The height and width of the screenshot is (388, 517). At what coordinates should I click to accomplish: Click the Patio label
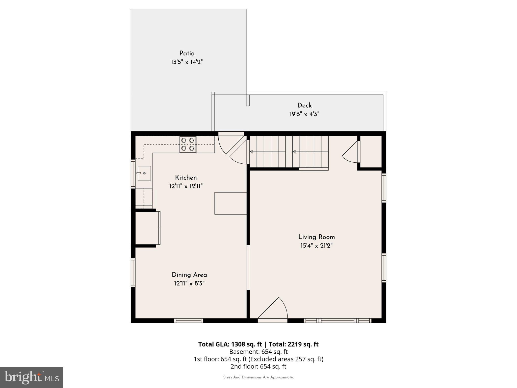(x=187, y=54)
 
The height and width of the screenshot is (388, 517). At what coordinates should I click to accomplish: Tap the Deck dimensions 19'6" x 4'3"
(x=304, y=114)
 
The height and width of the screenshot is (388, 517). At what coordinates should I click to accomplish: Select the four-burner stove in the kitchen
(x=188, y=144)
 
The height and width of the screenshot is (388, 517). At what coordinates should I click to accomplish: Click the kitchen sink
(x=144, y=173)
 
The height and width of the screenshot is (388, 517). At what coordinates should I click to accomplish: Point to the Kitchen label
(x=186, y=178)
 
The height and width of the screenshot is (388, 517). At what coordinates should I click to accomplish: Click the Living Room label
(x=316, y=237)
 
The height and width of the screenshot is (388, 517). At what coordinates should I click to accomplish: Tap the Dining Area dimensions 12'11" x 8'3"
(x=189, y=283)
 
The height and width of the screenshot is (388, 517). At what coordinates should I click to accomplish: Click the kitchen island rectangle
(x=230, y=203)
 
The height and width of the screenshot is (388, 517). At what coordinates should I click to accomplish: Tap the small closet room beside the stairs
(x=371, y=152)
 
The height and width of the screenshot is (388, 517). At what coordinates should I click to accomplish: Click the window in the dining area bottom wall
(x=189, y=321)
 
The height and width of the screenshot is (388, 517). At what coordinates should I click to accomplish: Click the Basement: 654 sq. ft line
(x=258, y=352)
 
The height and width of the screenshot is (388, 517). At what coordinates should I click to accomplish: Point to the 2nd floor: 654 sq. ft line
(x=258, y=366)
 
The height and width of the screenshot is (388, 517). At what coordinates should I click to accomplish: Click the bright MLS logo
(x=32, y=378)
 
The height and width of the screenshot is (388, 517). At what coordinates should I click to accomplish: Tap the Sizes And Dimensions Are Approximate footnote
(x=258, y=377)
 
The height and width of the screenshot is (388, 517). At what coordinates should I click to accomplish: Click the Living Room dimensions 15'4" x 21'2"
(x=316, y=246)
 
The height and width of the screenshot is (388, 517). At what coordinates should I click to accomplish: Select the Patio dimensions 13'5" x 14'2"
(x=187, y=62)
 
